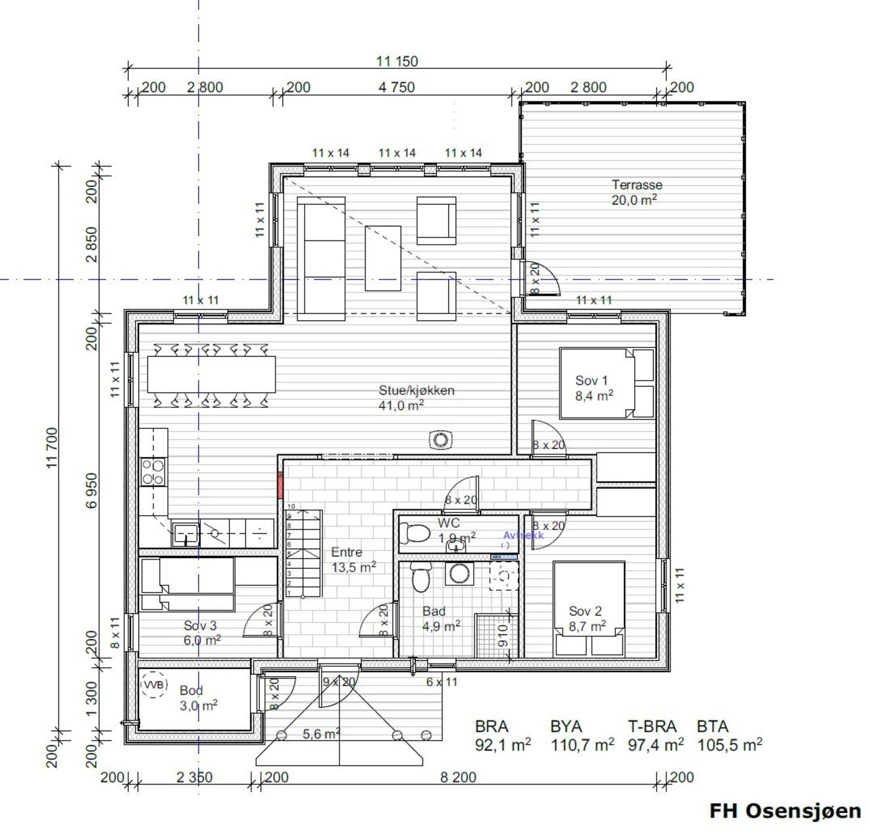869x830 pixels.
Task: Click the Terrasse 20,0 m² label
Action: tap(636, 192)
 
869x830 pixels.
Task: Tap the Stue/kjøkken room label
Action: tap(416, 397)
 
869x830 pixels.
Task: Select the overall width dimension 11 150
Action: tap(397, 61)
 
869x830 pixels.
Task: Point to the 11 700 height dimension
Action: tap(52, 448)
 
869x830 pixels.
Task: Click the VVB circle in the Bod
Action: tap(154, 685)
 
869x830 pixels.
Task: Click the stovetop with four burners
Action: tap(153, 472)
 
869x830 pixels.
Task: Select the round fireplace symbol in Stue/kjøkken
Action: tap(440, 440)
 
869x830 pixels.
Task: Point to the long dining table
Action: tap(211, 374)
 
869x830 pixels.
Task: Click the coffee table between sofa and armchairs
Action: tap(383, 258)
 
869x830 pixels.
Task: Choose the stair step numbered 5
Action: tap(289, 554)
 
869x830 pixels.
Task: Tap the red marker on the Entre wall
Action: tap(280, 485)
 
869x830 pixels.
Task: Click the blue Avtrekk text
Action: tap(522, 535)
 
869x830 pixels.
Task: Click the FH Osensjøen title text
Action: tap(785, 810)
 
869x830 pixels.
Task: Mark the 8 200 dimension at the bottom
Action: tap(458, 777)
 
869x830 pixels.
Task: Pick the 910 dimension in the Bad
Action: tap(502, 635)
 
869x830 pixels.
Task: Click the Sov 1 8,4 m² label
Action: tap(593, 388)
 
